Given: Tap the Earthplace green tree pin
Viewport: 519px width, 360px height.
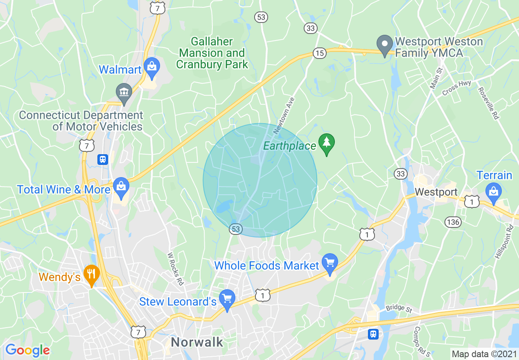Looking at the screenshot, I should pos(327,143).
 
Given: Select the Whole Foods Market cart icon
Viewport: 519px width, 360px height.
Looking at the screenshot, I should pos(329,262).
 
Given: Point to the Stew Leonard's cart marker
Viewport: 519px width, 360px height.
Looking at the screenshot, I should pos(227,299).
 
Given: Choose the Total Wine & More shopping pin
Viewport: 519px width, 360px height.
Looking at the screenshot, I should pos(121,187).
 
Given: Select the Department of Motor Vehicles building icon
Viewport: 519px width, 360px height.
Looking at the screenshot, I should pos(124,92).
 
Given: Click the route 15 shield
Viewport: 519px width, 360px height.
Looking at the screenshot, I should pos(319,53).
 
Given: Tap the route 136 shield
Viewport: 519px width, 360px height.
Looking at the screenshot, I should pos(453,222).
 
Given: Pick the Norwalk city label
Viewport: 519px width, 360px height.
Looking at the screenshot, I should pos(197,342).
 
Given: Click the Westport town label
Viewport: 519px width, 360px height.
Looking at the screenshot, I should pos(436,192).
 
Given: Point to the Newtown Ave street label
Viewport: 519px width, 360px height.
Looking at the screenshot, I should pos(284,116).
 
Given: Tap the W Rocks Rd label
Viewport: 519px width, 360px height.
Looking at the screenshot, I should pos(175,269).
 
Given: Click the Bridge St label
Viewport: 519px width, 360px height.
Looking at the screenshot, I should pos(398,308).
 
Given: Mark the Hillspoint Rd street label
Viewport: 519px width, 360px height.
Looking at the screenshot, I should pos(503,241).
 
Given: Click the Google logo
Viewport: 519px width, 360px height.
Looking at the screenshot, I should pos(27,350).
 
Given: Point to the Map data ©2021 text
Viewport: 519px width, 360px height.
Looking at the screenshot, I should pos(484,354).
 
